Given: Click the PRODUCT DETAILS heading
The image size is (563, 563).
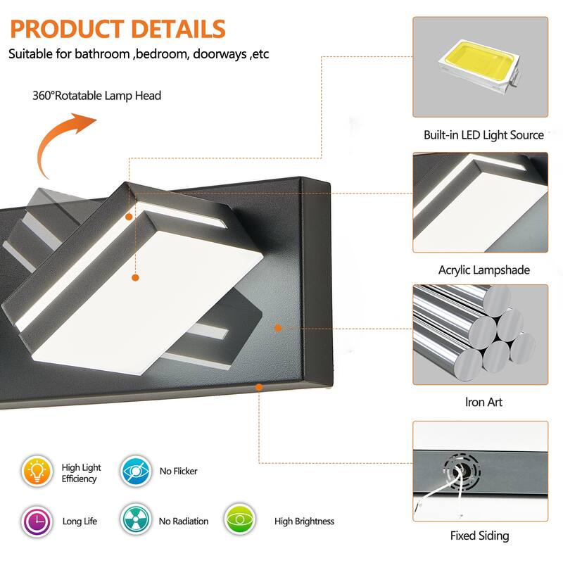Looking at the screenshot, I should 118,29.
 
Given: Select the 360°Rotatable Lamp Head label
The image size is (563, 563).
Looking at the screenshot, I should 96,95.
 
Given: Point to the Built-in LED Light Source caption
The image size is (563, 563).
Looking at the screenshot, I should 483,134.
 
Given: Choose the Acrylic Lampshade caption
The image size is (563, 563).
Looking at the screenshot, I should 483,270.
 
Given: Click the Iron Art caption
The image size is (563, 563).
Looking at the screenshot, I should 483,402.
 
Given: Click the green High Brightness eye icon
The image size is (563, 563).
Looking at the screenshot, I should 240,521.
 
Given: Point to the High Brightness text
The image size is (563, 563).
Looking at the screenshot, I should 304,521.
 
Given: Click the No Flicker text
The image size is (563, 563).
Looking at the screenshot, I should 178,472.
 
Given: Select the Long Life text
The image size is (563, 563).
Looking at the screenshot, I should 80,521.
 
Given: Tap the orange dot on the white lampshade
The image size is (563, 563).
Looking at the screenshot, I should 135,279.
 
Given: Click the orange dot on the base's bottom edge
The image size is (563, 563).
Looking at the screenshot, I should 260,386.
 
